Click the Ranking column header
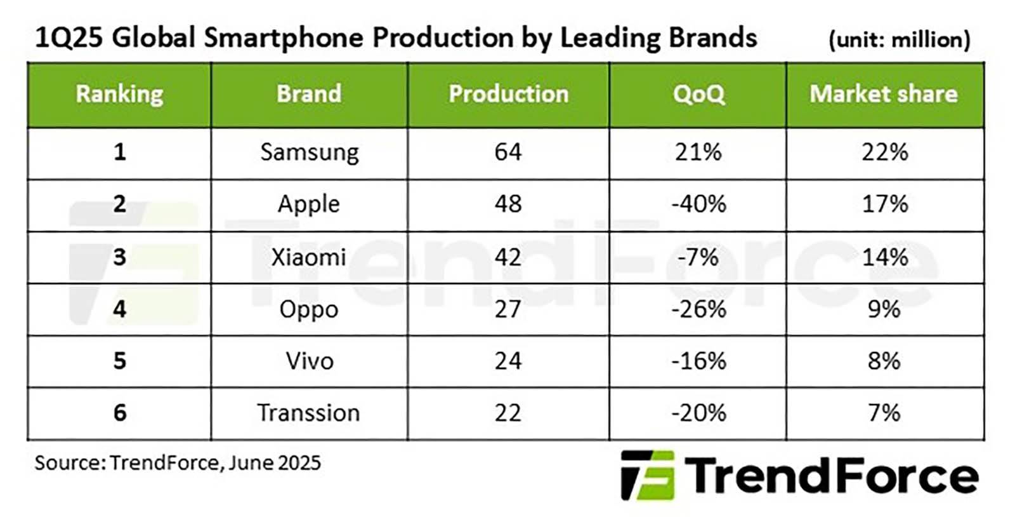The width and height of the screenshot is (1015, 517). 119,94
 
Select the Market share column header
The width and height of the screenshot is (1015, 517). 884,94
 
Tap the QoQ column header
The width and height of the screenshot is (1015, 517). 698,94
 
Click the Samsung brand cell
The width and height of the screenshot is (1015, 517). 309,152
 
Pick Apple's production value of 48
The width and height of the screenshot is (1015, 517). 507,205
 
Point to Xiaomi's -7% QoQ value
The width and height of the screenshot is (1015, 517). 698,257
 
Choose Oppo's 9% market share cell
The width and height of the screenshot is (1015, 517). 884,309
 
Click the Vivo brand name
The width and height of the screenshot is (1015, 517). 309,361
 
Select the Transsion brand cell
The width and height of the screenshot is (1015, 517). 309,413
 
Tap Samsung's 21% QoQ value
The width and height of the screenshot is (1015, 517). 698,152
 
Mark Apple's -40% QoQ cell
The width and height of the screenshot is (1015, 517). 698,205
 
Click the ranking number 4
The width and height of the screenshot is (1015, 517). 119,309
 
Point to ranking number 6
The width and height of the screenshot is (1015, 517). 119,413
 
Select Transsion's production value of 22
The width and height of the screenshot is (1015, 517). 507,413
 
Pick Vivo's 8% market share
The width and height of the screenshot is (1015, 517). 884,361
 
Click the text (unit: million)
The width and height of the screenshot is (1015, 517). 899,40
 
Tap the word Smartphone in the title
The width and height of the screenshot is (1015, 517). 283,38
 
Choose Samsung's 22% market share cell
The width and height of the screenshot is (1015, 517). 884,152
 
